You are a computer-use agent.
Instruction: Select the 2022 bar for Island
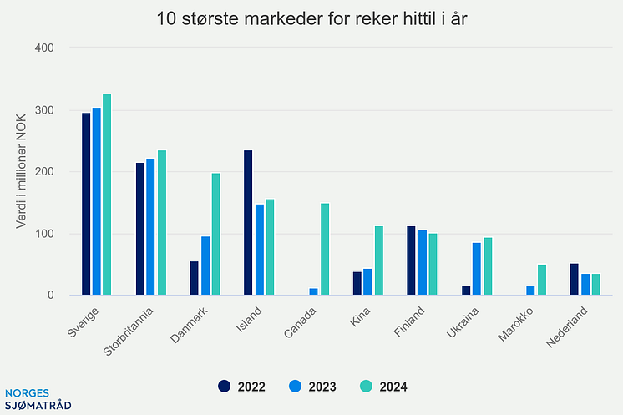[248, 222]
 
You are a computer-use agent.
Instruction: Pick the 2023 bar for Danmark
[205, 266]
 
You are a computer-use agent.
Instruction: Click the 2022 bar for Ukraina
[465, 291]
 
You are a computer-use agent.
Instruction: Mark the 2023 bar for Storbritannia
[150, 226]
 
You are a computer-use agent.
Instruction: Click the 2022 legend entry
[241, 387]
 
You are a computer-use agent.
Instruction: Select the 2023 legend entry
[312, 387]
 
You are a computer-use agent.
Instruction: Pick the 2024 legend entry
[383, 387]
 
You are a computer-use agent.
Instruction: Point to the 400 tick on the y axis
[44, 48]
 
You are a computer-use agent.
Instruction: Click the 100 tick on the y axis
[44, 234]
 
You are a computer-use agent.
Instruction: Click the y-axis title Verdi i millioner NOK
[23, 171]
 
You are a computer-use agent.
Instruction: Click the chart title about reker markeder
[311, 19]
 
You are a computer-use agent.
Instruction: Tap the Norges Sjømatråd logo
[38, 399]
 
